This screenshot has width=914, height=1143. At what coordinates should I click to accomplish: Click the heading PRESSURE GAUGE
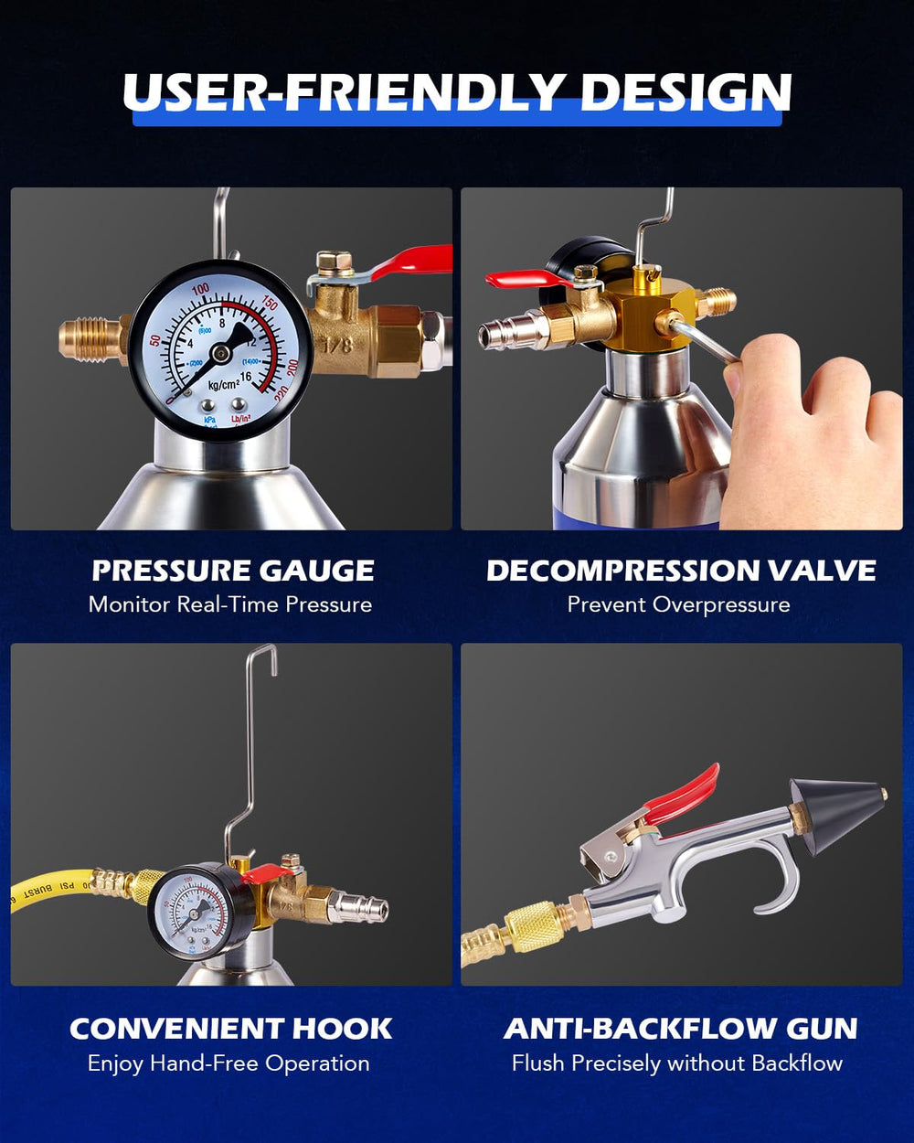click(x=233, y=571)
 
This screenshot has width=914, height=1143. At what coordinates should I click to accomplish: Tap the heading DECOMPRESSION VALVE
click(x=681, y=571)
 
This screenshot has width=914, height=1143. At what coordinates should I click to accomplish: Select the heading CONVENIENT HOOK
click(x=231, y=1029)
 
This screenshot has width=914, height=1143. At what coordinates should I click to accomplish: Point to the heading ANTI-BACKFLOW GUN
click(x=680, y=1029)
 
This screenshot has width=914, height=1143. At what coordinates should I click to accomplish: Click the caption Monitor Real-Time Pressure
click(x=230, y=604)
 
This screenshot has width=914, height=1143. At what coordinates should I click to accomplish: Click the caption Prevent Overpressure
click(x=679, y=604)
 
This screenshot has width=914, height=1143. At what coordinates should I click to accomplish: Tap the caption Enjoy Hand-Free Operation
click(x=228, y=1063)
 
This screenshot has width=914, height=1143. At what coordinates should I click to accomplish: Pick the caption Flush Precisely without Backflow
click(x=677, y=1063)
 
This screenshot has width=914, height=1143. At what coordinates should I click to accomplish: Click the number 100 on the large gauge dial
click(x=201, y=289)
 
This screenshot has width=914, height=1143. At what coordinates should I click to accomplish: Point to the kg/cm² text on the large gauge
click(x=224, y=384)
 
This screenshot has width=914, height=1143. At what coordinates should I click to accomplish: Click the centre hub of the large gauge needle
click(x=219, y=353)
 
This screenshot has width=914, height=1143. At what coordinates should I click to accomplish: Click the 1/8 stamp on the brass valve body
click(x=338, y=346)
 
